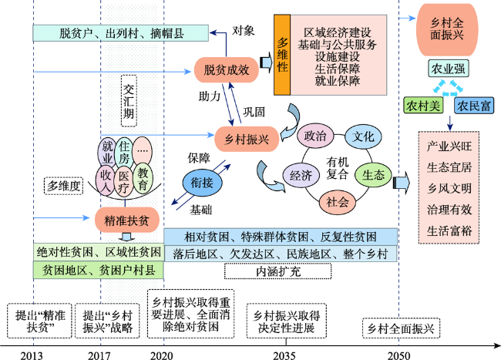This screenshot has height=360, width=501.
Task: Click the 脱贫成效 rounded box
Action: tap(226, 70)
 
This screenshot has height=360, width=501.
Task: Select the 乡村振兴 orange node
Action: tap(247, 140)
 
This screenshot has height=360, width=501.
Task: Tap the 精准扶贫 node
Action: tap(127, 220)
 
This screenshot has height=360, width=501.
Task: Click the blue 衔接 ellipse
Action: tap(202, 183)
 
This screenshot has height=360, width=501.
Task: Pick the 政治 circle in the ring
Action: tap(315, 136)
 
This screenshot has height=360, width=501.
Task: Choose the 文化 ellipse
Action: tap(363, 136)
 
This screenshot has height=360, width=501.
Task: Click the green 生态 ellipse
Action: tap(373, 175)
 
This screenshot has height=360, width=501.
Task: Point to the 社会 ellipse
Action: tap(338, 202)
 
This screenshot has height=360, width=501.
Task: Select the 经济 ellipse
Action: tap(301, 175)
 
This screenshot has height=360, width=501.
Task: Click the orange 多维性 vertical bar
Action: tap(282, 55)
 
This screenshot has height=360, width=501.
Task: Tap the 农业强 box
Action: tap(449, 69)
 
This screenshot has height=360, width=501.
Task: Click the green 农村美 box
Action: tap(423, 106)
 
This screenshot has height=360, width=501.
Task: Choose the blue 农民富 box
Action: tap(474, 106)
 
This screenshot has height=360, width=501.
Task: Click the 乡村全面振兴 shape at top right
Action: tap(447, 30)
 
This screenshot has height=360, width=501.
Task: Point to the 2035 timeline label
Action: tap(284, 355)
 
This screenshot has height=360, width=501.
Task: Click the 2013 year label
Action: tap(32, 355)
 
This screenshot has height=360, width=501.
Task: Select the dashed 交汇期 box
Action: tap(129, 101)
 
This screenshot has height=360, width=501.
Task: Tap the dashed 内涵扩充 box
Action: tap(278, 271)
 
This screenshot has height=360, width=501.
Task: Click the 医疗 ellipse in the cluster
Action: tap(123, 182)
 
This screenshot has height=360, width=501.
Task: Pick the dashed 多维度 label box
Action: tap(63, 186)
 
